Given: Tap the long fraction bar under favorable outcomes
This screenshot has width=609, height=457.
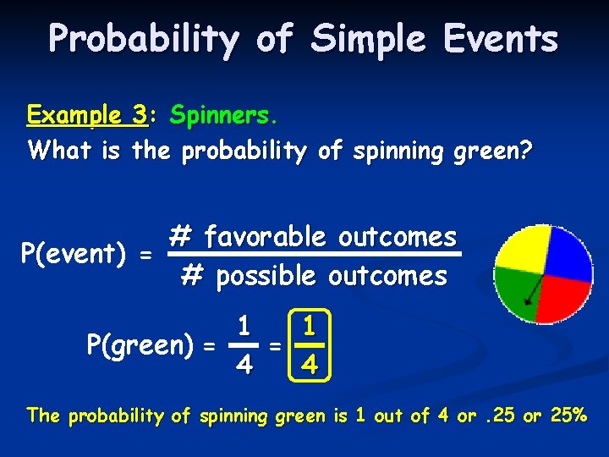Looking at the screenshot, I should pyautogui.click(x=314, y=255).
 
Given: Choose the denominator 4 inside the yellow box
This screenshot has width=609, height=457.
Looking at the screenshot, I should pyautogui.click(x=310, y=365).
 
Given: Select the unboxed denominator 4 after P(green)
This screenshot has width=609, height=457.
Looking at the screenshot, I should pyautogui.click(x=244, y=365).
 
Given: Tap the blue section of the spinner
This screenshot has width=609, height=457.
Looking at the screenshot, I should pyautogui.click(x=565, y=249).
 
